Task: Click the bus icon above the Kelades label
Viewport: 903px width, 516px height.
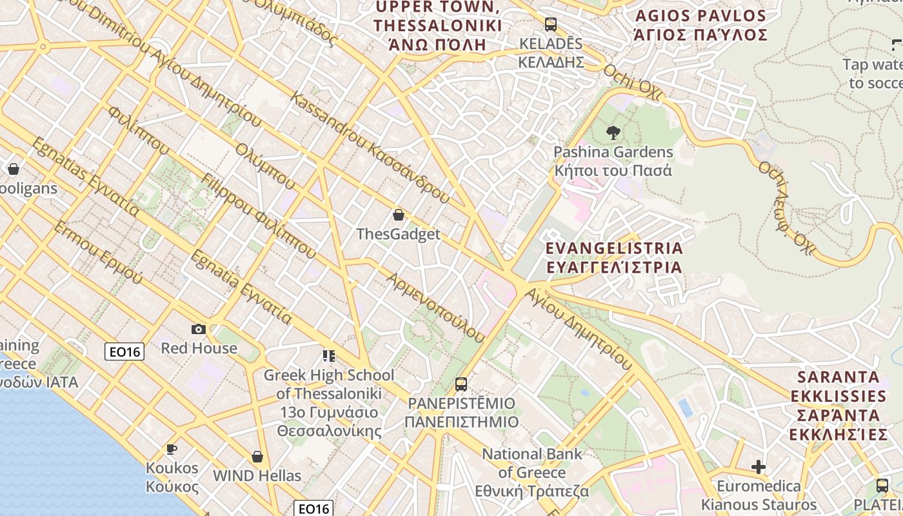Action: [550, 25]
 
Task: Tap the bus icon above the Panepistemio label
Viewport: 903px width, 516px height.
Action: [461, 384]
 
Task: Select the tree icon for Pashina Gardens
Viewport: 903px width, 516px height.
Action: [613, 133]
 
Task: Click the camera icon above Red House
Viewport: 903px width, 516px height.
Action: [199, 330]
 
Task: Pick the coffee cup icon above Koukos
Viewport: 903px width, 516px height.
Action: [171, 449]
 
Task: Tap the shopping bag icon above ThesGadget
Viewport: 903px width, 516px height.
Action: [399, 215]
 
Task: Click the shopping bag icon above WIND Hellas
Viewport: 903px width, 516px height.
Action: [257, 457]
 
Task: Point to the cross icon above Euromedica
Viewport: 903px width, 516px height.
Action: [759, 466]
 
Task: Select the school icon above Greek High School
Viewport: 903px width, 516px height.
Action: [329, 355]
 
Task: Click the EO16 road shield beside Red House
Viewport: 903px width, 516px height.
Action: [124, 351]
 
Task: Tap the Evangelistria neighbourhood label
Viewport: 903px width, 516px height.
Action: [613, 257]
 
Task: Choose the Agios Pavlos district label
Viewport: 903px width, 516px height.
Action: [700, 25]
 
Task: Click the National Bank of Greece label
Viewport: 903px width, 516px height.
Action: [532, 472]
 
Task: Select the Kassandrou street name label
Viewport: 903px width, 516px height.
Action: [370, 148]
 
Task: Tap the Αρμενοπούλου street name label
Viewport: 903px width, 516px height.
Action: [435, 307]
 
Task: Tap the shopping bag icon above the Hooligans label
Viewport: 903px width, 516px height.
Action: [14, 169]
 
